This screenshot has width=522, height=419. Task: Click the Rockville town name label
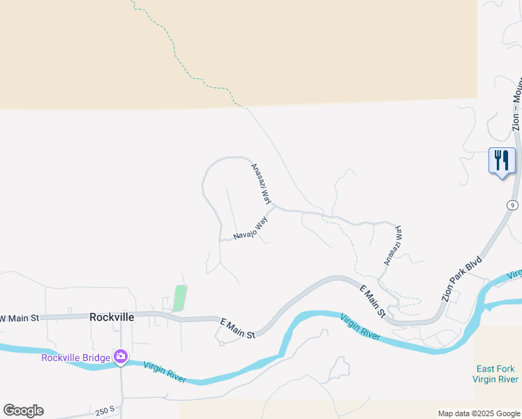(112, 317)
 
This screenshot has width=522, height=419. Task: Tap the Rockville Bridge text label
(75, 358)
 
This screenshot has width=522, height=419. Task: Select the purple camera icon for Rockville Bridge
(121, 357)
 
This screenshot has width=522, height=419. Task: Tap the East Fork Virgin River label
(495, 374)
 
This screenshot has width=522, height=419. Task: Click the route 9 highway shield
(513, 205)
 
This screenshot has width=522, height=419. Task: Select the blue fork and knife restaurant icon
(502, 161)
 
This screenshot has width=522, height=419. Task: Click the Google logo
(23, 411)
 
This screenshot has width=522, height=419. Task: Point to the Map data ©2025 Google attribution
(479, 413)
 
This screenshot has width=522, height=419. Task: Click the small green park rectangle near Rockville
(180, 298)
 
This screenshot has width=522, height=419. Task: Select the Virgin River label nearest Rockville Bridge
(165, 372)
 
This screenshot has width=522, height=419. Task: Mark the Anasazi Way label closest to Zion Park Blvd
(392, 244)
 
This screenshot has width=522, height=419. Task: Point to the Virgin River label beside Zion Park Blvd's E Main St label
(360, 328)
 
